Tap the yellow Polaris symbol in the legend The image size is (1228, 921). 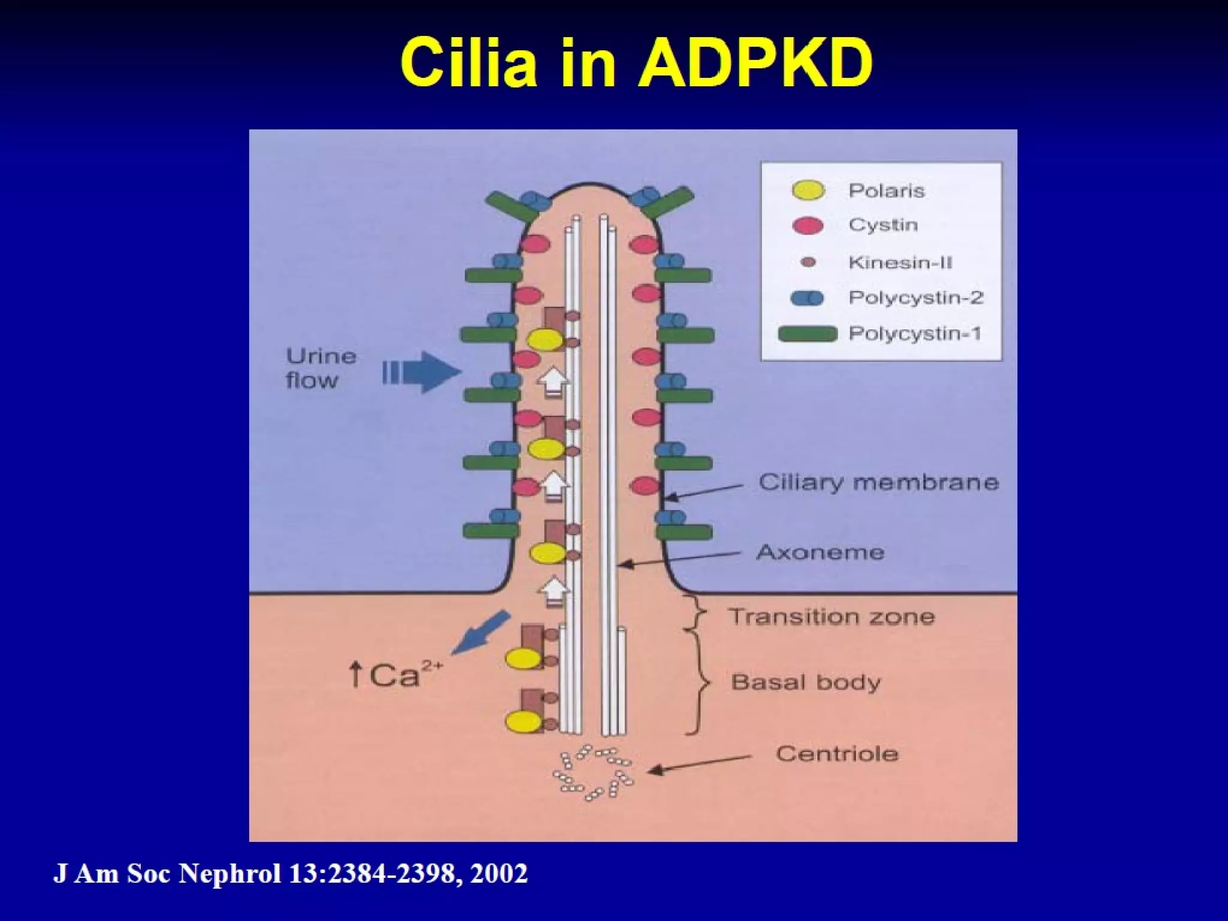coord(808,191)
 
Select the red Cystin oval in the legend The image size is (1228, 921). coord(808,225)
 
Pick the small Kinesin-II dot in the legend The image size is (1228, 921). coord(808,262)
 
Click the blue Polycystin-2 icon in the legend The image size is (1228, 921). coord(807,298)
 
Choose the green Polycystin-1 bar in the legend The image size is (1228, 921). coord(807,333)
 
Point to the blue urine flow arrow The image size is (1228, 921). coord(423,372)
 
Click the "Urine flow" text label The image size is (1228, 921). coord(321,368)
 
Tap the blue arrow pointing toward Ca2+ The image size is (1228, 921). coord(480,632)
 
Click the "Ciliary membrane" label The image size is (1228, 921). coord(878,483)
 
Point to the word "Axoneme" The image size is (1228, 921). coord(820,552)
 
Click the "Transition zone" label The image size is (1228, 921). coord(832,617)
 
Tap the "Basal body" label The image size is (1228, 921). coord(806,682)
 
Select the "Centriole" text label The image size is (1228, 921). coord(837,754)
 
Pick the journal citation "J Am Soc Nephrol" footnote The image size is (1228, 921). coord(167,874)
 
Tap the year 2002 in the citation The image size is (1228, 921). coord(499,874)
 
